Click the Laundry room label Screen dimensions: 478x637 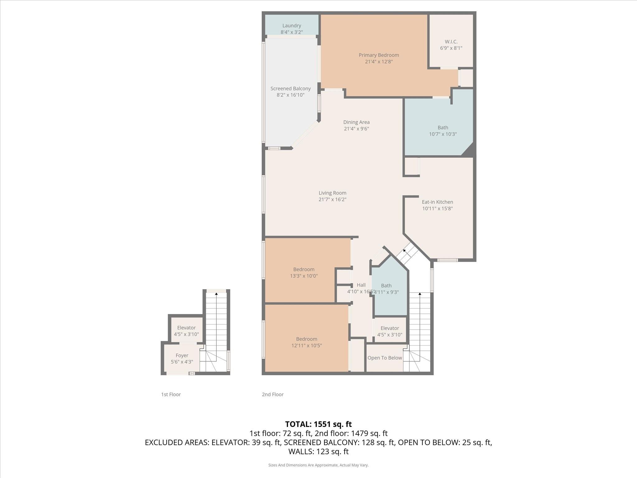click(291, 26)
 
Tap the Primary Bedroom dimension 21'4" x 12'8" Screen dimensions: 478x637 click(379, 62)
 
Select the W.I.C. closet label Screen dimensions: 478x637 click(451, 42)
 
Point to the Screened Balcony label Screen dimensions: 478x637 click(291, 89)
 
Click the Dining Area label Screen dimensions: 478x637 click(356, 122)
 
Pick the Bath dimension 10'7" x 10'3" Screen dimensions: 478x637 click(443, 134)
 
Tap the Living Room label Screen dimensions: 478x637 click(332, 193)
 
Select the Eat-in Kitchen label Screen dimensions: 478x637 click(437, 202)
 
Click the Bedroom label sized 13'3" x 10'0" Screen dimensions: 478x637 click(304, 269)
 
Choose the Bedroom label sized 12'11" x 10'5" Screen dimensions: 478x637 click(306, 339)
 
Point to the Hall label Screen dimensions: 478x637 click(361, 285)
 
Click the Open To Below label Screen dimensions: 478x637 click(385, 358)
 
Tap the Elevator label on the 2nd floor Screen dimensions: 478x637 click(389, 328)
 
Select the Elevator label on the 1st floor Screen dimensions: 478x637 click(186, 328)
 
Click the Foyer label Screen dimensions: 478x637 click(182, 355)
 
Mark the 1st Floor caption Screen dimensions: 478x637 click(171, 395)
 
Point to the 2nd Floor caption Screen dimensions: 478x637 click(272, 395)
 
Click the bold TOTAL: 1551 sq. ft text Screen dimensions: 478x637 click(318, 424)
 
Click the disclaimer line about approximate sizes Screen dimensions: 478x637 click(318, 465)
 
